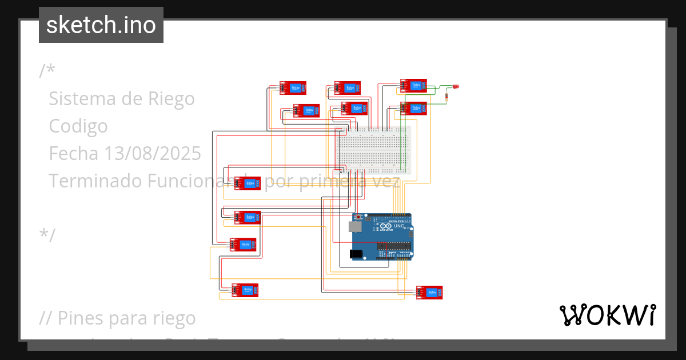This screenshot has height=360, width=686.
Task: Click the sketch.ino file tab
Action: pyautogui.click(x=101, y=25)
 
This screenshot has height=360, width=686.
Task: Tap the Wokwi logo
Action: pyautogui.click(x=607, y=315)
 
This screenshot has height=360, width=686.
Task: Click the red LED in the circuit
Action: pyautogui.click(x=456, y=87)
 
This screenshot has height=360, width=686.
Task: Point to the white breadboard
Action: pyautogui.click(x=373, y=150)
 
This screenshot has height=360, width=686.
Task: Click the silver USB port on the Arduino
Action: pyautogui.click(x=356, y=227)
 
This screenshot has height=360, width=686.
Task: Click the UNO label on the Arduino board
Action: pyautogui.click(x=399, y=226)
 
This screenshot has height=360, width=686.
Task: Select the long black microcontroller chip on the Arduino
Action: pyautogui.click(x=394, y=246)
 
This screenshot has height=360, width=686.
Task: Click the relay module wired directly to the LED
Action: pyautogui.click(x=413, y=86)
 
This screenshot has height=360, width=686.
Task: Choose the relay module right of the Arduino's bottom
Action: pyautogui.click(x=429, y=293)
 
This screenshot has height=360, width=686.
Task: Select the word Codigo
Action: pyautogui.click(x=78, y=126)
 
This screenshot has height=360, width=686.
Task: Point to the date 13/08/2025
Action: pyautogui.click(x=152, y=153)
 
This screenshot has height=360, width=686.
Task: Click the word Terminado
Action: pyautogui.click(x=95, y=181)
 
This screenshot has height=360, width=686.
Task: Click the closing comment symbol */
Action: pyautogui.click(x=47, y=235)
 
